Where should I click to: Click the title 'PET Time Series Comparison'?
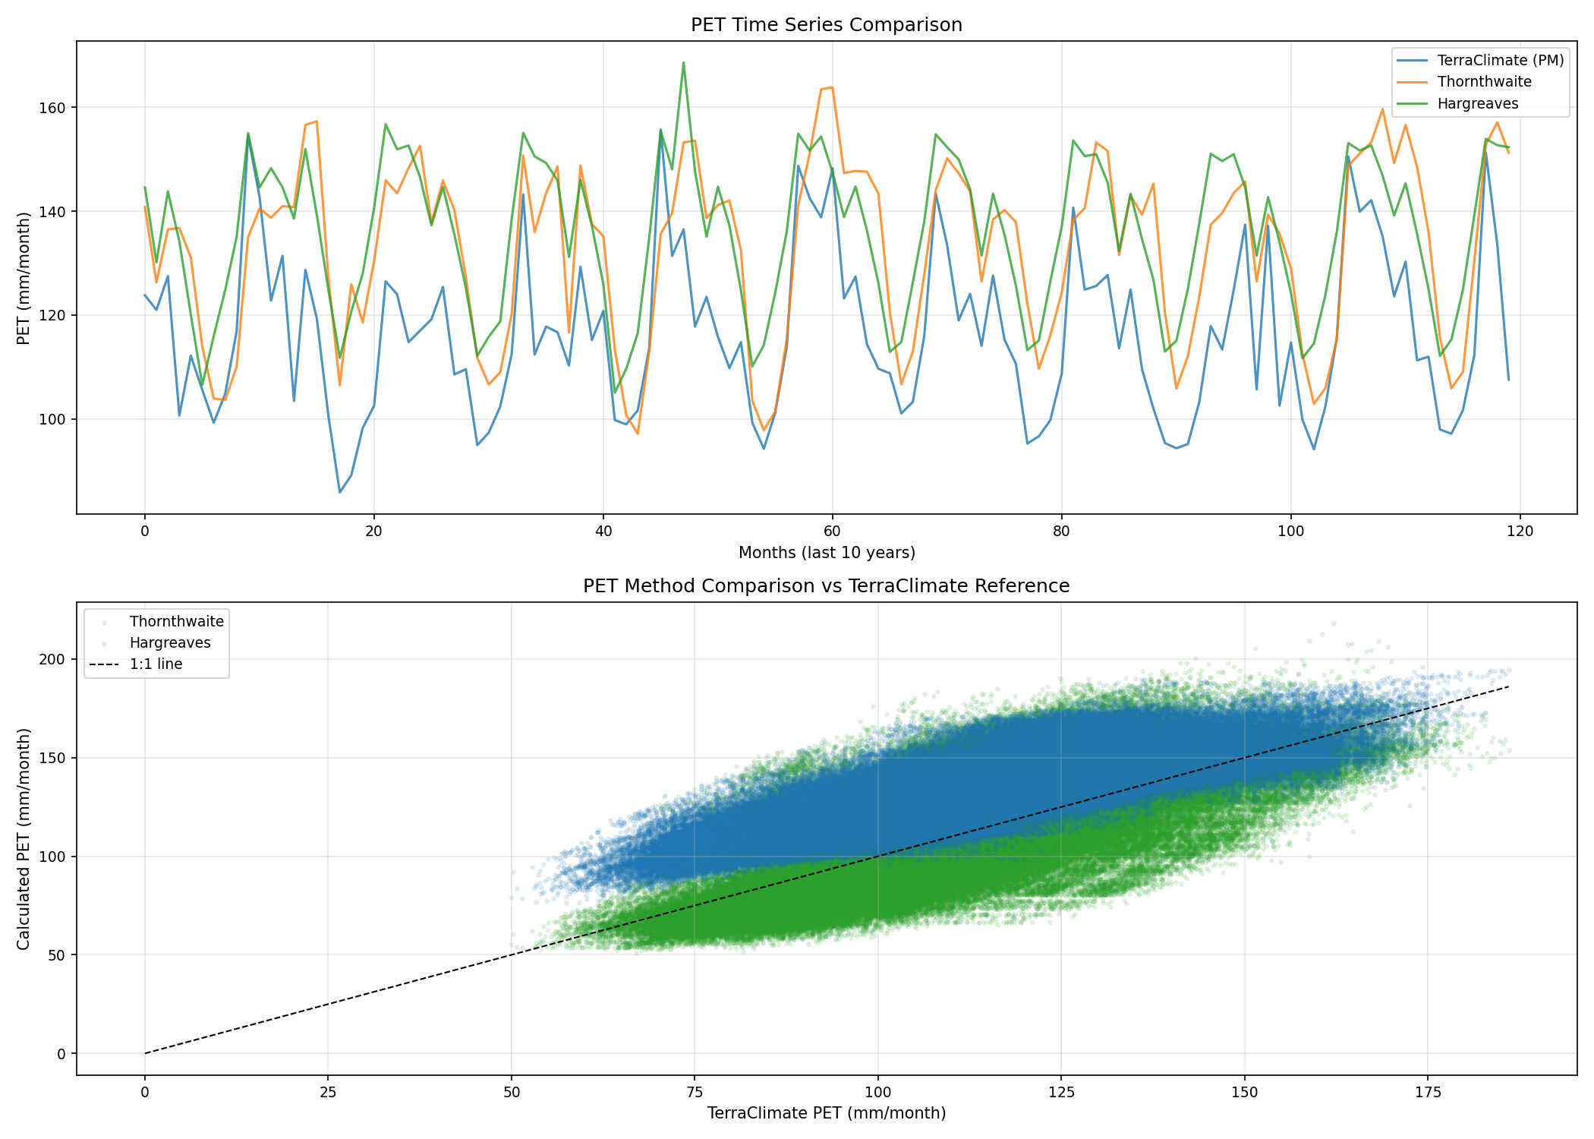click(826, 25)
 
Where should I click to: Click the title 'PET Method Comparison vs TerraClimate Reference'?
click(826, 586)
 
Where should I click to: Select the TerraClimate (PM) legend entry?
click(1500, 61)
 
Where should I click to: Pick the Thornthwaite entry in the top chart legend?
click(1484, 82)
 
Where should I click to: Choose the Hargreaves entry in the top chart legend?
click(1477, 104)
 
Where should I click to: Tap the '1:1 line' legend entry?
click(156, 664)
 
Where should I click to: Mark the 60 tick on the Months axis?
click(832, 532)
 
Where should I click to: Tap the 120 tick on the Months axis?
click(1520, 532)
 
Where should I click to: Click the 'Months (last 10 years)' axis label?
click(826, 553)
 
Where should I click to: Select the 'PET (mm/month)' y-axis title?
click(24, 278)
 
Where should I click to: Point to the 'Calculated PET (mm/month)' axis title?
click(24, 838)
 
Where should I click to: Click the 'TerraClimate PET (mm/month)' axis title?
click(826, 1114)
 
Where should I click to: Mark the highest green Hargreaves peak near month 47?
click(683, 63)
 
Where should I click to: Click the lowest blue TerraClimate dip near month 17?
click(339, 492)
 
